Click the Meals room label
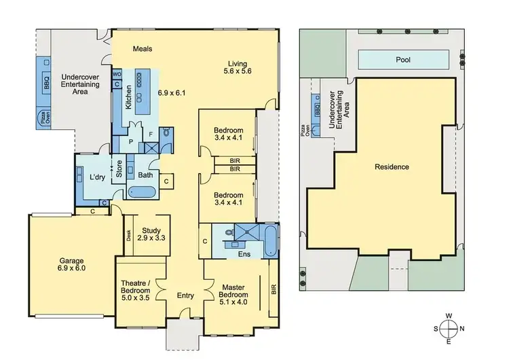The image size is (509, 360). tap(142, 49)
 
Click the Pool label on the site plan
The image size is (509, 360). tap(404, 60)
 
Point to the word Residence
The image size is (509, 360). tap(392, 166)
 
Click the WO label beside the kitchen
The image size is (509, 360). tap(117, 73)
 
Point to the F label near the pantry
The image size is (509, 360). tap(151, 134)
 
